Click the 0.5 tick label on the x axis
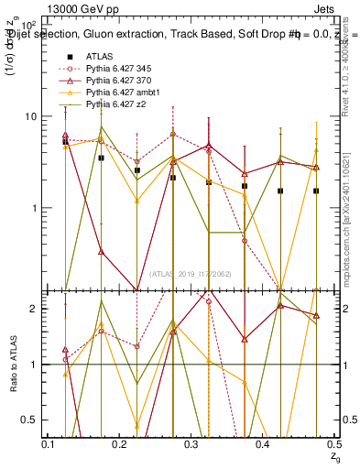coord(336,444)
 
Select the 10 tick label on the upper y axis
coord(31,116)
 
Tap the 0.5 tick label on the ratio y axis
coord(30,420)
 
